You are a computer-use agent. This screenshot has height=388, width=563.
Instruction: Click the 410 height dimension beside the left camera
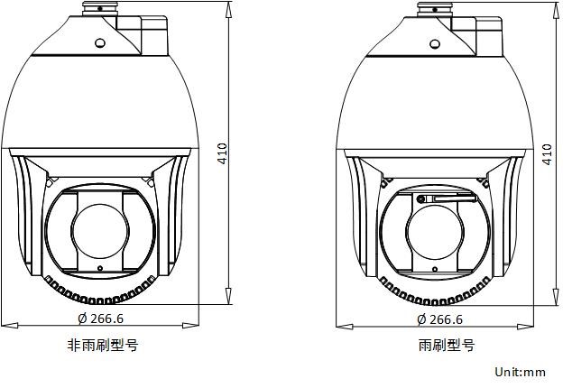point(223,153)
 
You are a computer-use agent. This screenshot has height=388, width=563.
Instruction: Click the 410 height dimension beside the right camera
point(547,154)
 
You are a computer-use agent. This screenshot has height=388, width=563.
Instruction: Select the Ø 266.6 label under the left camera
point(101,319)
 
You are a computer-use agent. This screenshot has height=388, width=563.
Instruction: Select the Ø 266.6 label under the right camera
point(440,319)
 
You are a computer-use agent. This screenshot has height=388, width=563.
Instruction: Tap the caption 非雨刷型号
point(103,345)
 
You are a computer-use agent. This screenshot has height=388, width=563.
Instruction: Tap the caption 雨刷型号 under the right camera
point(447,346)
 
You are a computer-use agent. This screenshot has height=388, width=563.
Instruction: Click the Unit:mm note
point(521,372)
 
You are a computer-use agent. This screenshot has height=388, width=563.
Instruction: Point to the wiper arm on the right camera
point(447,199)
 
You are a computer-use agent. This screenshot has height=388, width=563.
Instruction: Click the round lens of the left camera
point(100,231)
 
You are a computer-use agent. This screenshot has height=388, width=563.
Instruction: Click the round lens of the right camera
point(435,232)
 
